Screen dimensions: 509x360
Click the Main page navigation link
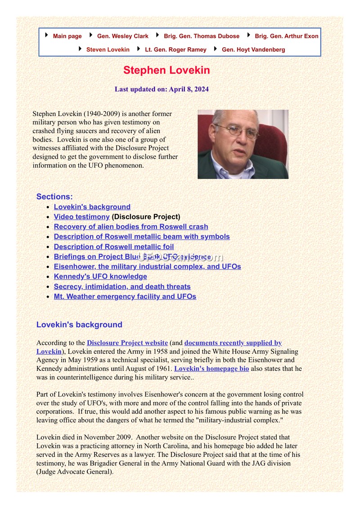(x=67, y=36)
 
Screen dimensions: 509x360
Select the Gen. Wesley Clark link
(x=122, y=36)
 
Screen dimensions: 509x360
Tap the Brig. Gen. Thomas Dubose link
(x=201, y=36)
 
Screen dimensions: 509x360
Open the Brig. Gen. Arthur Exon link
(x=286, y=36)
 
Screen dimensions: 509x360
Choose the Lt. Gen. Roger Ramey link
(x=175, y=50)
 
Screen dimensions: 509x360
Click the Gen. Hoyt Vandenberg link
(x=253, y=50)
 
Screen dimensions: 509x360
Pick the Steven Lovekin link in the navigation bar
(x=108, y=50)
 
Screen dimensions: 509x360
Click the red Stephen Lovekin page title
(x=166, y=71)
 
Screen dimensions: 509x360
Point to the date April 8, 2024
(x=189, y=89)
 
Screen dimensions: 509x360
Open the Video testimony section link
(x=81, y=217)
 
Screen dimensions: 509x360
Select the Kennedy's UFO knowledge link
(x=100, y=277)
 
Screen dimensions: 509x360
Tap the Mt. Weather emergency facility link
(x=125, y=297)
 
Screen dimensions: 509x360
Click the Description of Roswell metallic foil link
(x=113, y=247)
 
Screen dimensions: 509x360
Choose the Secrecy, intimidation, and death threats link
(x=122, y=287)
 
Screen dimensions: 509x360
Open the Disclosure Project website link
(x=127, y=343)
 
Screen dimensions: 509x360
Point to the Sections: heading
(x=54, y=196)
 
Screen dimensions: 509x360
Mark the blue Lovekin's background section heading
(x=79, y=325)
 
